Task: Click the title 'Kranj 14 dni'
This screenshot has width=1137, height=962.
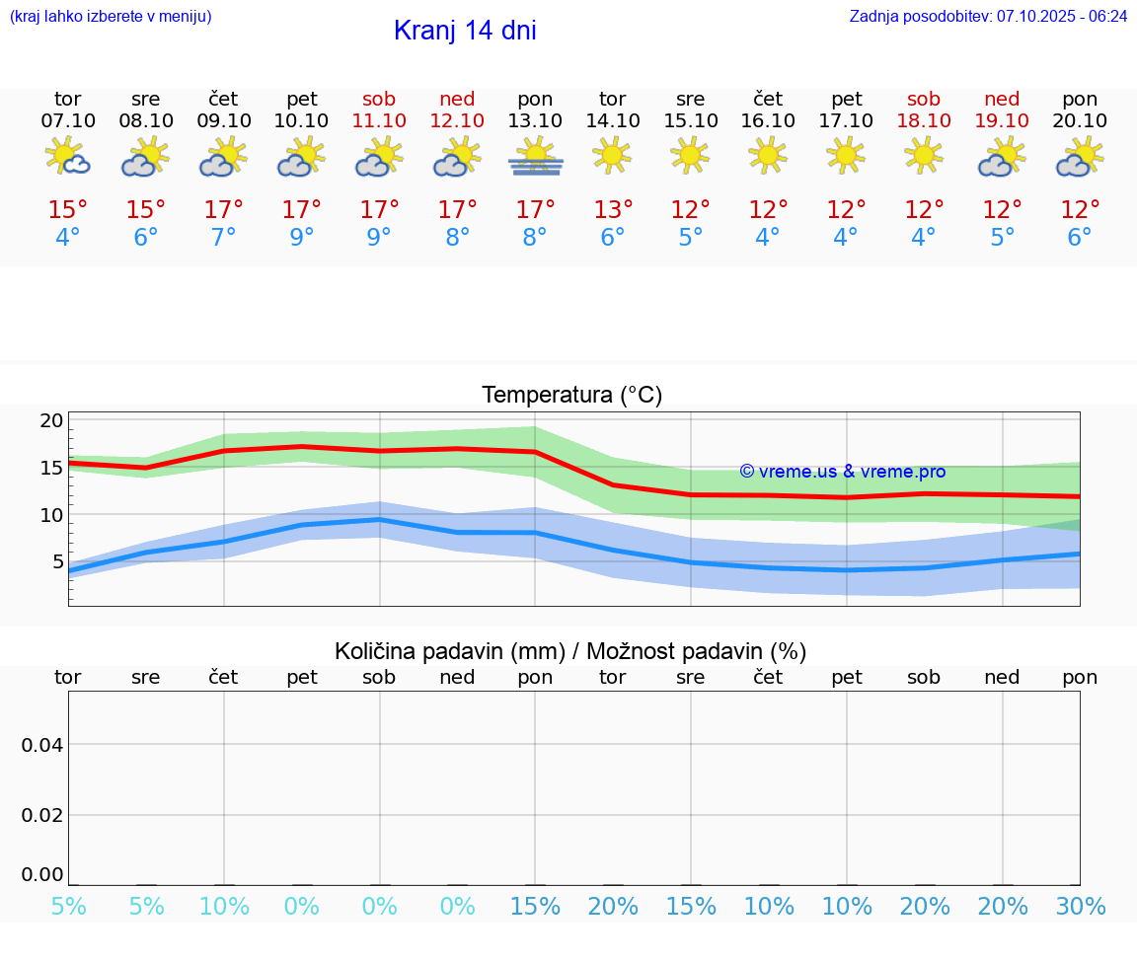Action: pyautogui.click(x=465, y=31)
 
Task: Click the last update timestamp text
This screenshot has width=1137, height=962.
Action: pyautogui.click(x=988, y=16)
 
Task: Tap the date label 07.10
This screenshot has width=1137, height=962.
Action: pyautogui.click(x=68, y=120)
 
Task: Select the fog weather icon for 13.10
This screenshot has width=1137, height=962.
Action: pyautogui.click(x=535, y=156)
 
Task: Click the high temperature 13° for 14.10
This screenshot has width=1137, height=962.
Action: pyautogui.click(x=613, y=210)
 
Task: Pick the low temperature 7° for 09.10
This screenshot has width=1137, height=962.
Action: pyautogui.click(x=224, y=238)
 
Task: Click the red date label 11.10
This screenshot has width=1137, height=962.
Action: pyautogui.click(x=379, y=120)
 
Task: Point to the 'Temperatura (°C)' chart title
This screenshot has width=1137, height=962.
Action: pyautogui.click(x=571, y=395)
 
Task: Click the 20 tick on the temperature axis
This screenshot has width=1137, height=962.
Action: pyautogui.click(x=51, y=420)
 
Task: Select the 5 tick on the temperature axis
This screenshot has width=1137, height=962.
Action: pyautogui.click(x=57, y=561)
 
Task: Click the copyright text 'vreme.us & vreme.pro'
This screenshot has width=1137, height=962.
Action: pyautogui.click(x=842, y=472)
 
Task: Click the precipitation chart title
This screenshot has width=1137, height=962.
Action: pyautogui.click(x=570, y=651)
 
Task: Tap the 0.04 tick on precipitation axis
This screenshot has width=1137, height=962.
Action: pyautogui.click(x=42, y=744)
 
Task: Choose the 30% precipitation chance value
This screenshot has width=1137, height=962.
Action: pyautogui.click(x=1080, y=907)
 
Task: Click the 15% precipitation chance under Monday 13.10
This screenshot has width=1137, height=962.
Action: pyautogui.click(x=535, y=907)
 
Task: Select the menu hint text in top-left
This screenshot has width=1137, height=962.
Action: pyautogui.click(x=111, y=16)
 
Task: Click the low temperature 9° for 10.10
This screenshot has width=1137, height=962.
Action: pyautogui.click(x=302, y=238)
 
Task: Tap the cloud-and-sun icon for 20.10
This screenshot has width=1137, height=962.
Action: pyautogui.click(x=1080, y=157)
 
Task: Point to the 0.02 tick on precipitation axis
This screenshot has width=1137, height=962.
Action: pyautogui.click(x=42, y=814)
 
